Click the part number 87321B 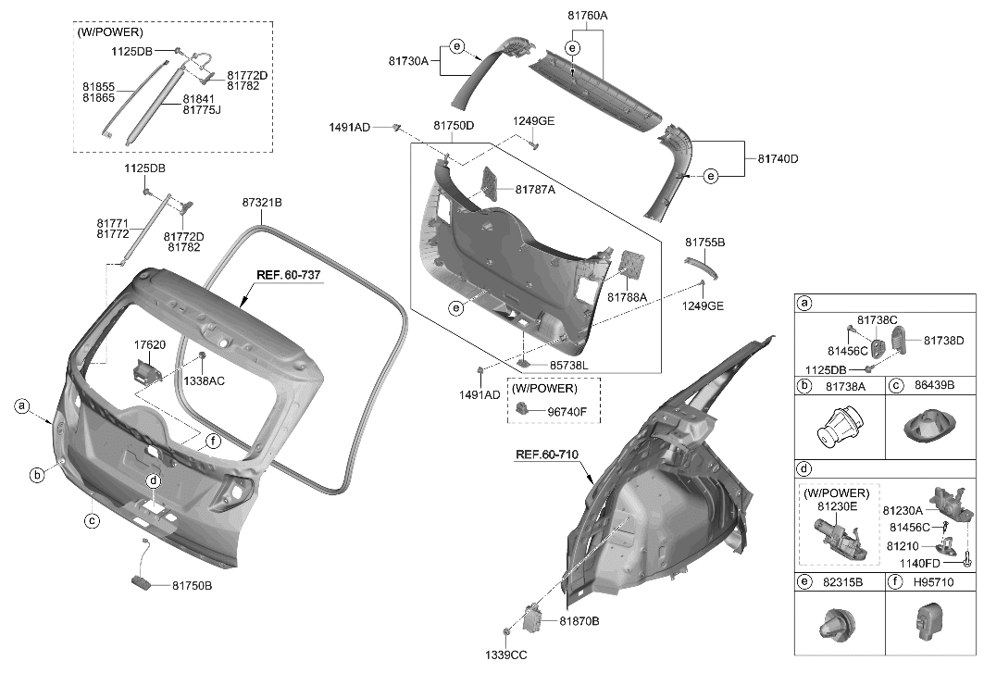click(x=262, y=202)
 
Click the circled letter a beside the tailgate click(x=20, y=405)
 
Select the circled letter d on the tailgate click(x=154, y=480)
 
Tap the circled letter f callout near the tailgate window click(x=213, y=442)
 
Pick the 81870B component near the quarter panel click(x=536, y=618)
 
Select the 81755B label click(x=704, y=242)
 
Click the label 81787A click(x=535, y=190)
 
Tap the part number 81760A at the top click(x=587, y=16)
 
